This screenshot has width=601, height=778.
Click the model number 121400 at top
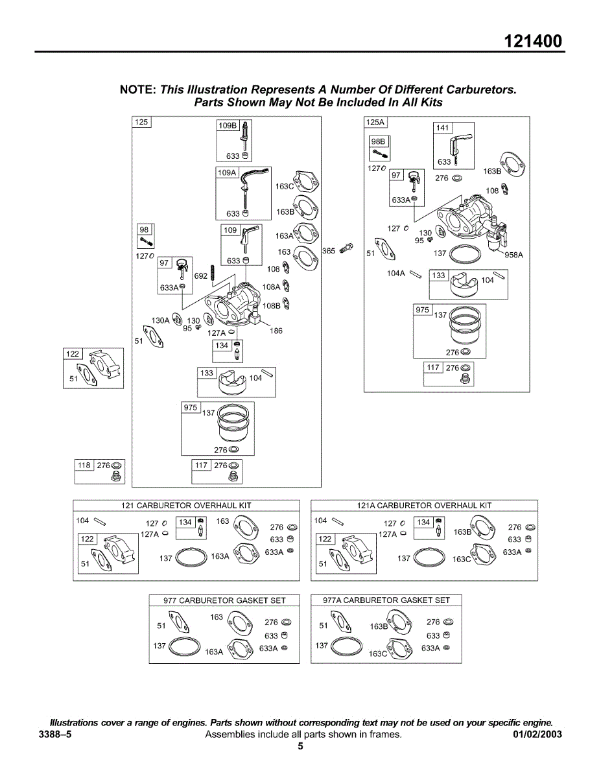(534, 41)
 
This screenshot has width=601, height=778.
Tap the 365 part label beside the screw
(329, 251)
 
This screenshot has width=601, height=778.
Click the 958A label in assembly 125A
(513, 255)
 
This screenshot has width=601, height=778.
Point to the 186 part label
(276, 331)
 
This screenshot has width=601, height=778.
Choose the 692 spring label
(201, 276)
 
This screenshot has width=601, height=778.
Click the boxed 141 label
(442, 128)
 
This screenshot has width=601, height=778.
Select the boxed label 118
(84, 466)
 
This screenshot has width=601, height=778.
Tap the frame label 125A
(375, 122)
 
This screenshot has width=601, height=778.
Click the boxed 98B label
(378, 141)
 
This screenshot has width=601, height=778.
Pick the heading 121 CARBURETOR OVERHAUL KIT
(186, 505)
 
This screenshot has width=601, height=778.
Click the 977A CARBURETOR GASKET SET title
(386, 600)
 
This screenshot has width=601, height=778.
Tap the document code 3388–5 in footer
(55, 735)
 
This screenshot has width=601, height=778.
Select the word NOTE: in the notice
(138, 89)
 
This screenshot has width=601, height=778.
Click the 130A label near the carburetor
(160, 320)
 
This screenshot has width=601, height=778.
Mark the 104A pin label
(396, 274)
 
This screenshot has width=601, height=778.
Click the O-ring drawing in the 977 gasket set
(183, 647)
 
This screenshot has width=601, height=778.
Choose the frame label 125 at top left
(141, 122)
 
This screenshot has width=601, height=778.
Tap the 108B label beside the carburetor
(271, 305)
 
